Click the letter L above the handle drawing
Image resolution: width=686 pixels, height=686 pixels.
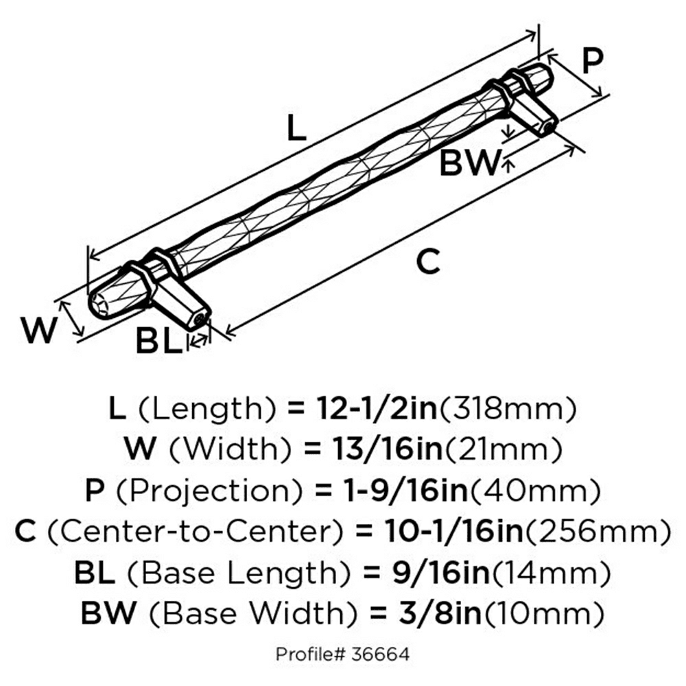click(x=295, y=128)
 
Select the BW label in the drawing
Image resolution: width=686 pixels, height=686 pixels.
click(x=469, y=163)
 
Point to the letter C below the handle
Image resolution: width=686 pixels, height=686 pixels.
click(x=428, y=262)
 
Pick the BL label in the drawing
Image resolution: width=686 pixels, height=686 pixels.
click(x=158, y=341)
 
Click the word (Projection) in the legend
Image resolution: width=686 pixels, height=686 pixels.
click(x=206, y=490)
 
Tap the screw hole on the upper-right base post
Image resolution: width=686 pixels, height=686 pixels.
click(x=549, y=126)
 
